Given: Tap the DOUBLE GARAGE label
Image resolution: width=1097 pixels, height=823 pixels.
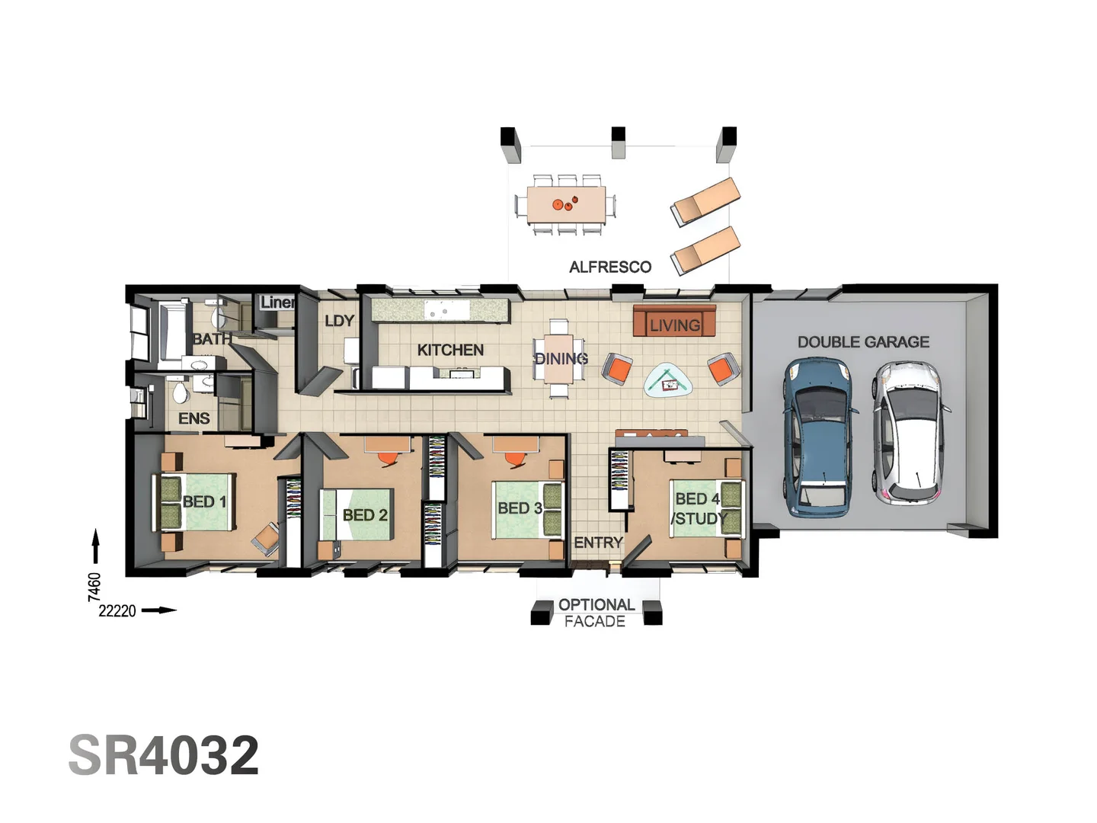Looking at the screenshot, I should pos(863,342).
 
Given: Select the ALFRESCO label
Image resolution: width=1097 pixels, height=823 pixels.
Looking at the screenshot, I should pos(610,267).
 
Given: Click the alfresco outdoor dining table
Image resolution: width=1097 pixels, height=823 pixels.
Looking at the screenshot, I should pos(566,204).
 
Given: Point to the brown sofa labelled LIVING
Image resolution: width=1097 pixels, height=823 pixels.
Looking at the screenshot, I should pos(674,322).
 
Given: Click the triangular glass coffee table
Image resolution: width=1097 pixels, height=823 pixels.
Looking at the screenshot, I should pos(669,379).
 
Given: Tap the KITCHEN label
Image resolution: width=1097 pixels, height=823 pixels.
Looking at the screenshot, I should pos(450,350).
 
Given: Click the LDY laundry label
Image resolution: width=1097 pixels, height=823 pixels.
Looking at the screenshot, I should pos(339,321).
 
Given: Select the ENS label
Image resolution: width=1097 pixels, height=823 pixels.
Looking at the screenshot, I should pos(193,418).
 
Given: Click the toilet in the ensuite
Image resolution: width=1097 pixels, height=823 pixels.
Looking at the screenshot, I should pos(180,392).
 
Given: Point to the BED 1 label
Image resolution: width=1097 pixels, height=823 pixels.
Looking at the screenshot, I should pos(204,501).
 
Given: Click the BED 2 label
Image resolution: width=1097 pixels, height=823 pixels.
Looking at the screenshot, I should pos(365,515).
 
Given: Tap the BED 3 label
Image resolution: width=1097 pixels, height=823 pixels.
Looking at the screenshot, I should pos(520,508).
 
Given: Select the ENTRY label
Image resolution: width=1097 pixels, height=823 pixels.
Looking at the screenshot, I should pos(598,543).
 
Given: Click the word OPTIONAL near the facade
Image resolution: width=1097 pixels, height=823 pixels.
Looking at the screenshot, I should pos(596,604).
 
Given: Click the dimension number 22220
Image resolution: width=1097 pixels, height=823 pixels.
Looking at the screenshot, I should pos(117,610).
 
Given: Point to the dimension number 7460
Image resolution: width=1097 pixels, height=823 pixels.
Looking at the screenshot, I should pos(94,587).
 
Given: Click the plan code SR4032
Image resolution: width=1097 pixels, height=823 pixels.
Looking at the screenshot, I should pos(164,755).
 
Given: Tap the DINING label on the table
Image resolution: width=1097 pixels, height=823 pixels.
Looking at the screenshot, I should pos(561,358).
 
